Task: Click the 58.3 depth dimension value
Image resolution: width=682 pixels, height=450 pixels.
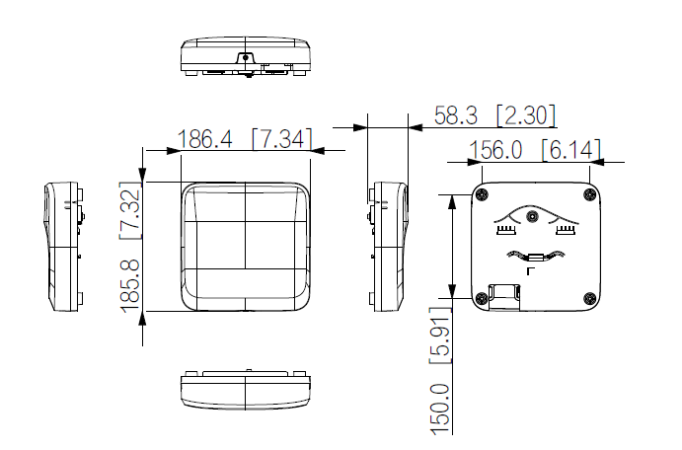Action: tap(456, 115)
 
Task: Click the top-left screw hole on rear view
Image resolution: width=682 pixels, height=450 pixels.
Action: tap(482, 193)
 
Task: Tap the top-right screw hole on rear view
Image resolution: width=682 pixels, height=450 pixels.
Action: tap(589, 193)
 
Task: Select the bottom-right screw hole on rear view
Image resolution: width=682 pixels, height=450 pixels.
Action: tap(589, 299)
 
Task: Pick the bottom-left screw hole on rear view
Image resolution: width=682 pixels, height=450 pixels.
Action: tap(482, 299)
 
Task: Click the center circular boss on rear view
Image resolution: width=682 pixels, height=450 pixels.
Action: tap(533, 215)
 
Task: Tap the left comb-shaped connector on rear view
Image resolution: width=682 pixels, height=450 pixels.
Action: tap(506, 230)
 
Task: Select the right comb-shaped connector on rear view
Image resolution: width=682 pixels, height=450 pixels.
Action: tap(565, 230)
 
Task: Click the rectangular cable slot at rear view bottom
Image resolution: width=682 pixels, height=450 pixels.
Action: tap(505, 293)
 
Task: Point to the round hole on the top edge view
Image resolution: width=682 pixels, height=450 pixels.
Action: tap(245, 57)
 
